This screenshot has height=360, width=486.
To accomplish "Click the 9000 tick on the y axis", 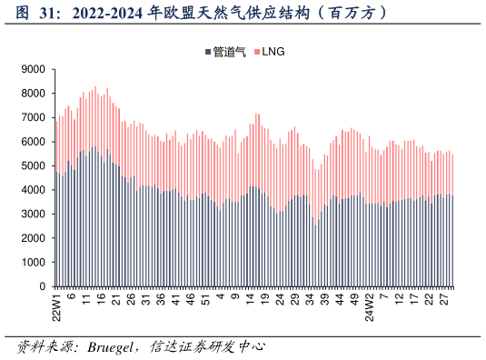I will tap(34, 69).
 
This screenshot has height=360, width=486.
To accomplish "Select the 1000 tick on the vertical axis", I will tap(34, 262).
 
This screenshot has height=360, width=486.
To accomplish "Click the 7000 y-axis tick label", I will tap(34, 117).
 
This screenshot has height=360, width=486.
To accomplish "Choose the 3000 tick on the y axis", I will tap(34, 214).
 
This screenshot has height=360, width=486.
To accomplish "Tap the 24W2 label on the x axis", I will tap(370, 307).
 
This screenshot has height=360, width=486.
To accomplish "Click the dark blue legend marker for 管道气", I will tap(209, 53).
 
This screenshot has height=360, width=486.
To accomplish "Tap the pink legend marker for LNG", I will tap(258, 53).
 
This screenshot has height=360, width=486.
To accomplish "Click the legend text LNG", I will tap(274, 53).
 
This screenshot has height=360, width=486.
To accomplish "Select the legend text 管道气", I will tap(230, 53).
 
